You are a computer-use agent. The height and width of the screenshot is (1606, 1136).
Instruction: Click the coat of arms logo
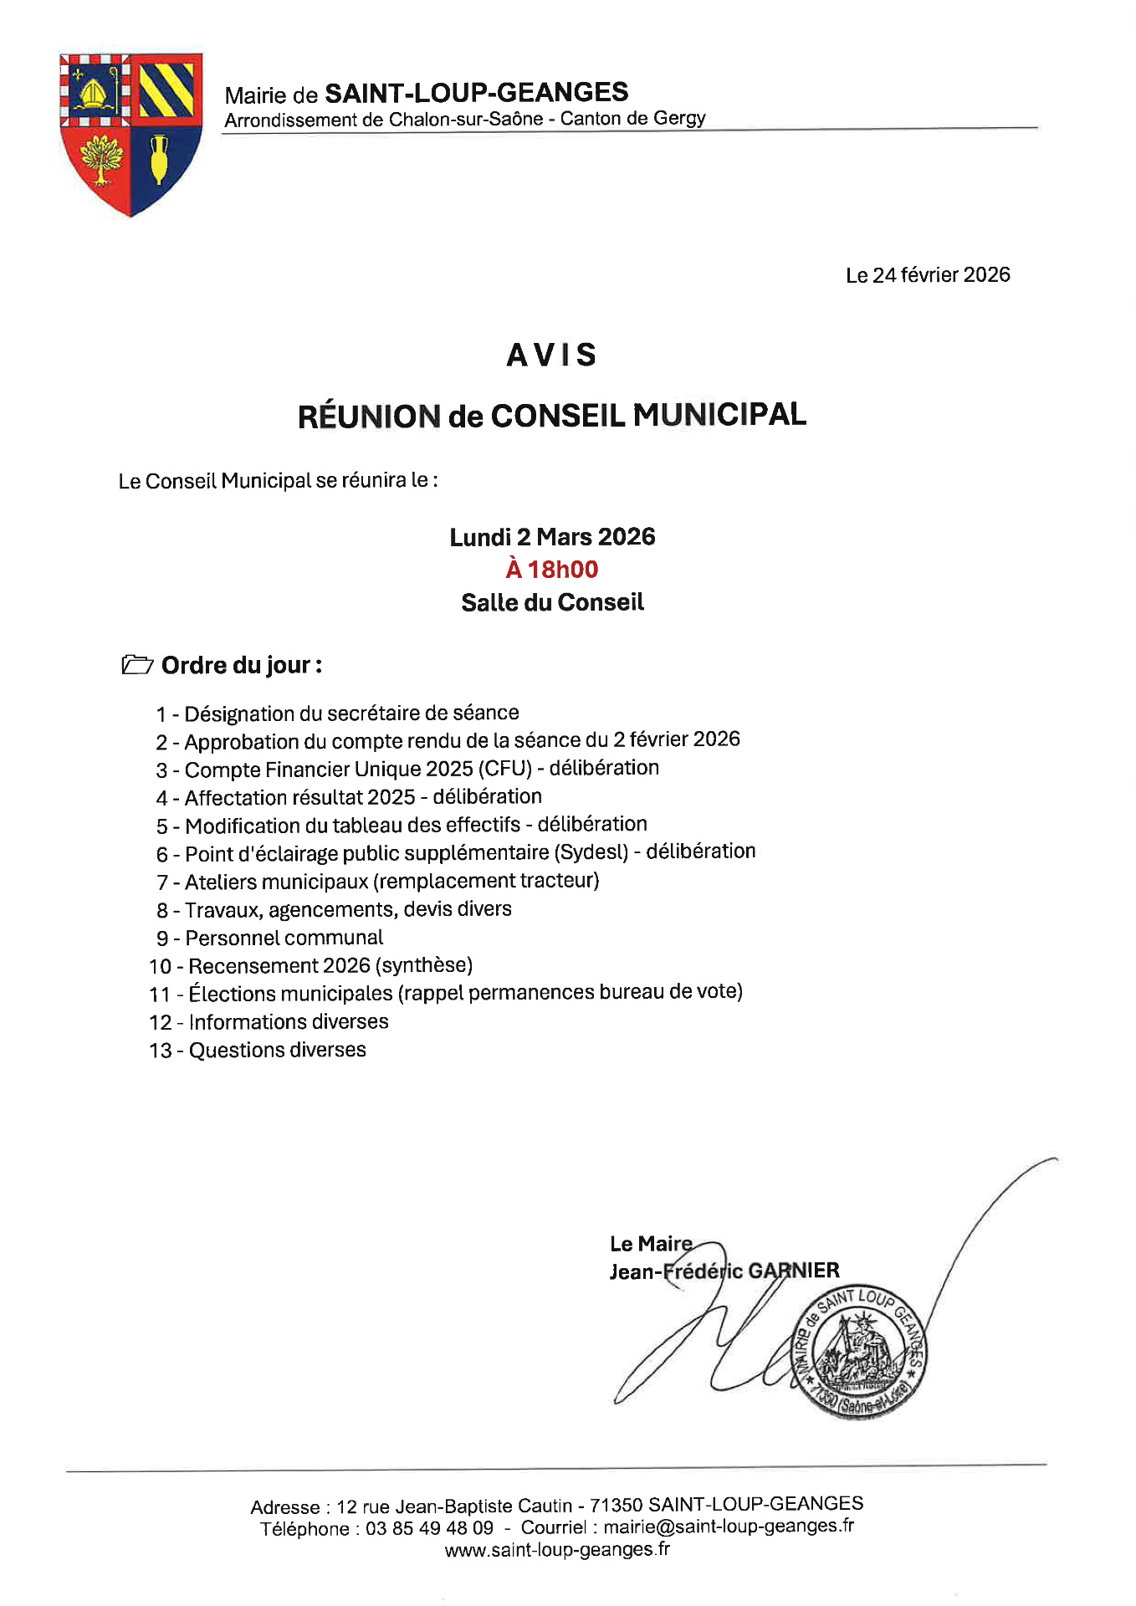(x=130, y=134)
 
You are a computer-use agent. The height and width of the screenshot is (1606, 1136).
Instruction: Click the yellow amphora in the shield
(x=159, y=158)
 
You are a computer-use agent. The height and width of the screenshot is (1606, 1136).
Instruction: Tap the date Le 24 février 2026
(x=928, y=275)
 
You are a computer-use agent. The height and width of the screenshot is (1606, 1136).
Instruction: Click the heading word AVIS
(x=551, y=355)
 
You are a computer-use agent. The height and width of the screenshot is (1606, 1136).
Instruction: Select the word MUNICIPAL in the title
(x=719, y=415)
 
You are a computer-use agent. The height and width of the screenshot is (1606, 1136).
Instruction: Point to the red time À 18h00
(x=552, y=570)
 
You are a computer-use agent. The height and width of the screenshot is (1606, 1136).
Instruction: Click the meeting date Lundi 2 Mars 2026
(x=552, y=537)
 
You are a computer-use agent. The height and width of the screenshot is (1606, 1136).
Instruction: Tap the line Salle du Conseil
(x=552, y=602)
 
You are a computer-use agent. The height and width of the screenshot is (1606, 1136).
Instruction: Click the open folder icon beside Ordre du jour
(x=137, y=665)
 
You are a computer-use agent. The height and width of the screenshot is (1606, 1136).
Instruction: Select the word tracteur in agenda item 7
(x=559, y=881)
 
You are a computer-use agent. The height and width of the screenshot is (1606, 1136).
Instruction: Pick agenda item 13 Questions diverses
(x=258, y=1051)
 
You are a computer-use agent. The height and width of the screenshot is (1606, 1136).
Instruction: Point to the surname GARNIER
(x=793, y=1271)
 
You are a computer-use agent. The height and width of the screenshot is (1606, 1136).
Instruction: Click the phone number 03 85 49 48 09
(x=429, y=1528)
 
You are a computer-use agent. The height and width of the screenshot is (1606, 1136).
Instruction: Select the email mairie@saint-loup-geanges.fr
(x=729, y=1527)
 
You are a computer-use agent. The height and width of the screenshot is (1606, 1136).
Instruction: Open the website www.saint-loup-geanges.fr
(x=557, y=1550)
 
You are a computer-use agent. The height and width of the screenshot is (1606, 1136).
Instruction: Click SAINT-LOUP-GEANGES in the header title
(x=477, y=92)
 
